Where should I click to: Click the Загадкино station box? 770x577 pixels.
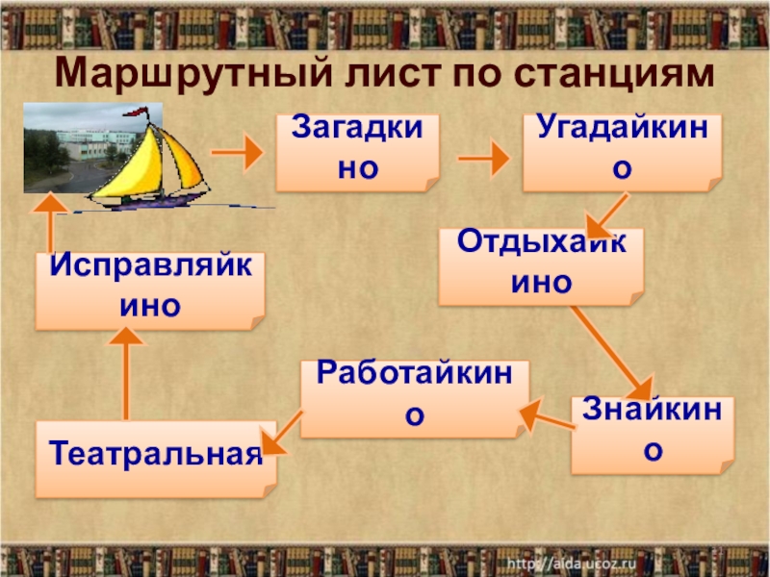click(357, 151)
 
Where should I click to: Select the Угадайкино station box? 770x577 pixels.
click(622, 151)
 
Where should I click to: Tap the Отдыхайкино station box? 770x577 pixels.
click(540, 263)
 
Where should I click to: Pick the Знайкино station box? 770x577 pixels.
click(651, 434)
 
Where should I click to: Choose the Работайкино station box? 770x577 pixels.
click(414, 397)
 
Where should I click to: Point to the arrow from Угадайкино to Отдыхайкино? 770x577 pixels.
click(608, 215)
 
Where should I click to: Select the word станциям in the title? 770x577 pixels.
click(602, 71)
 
